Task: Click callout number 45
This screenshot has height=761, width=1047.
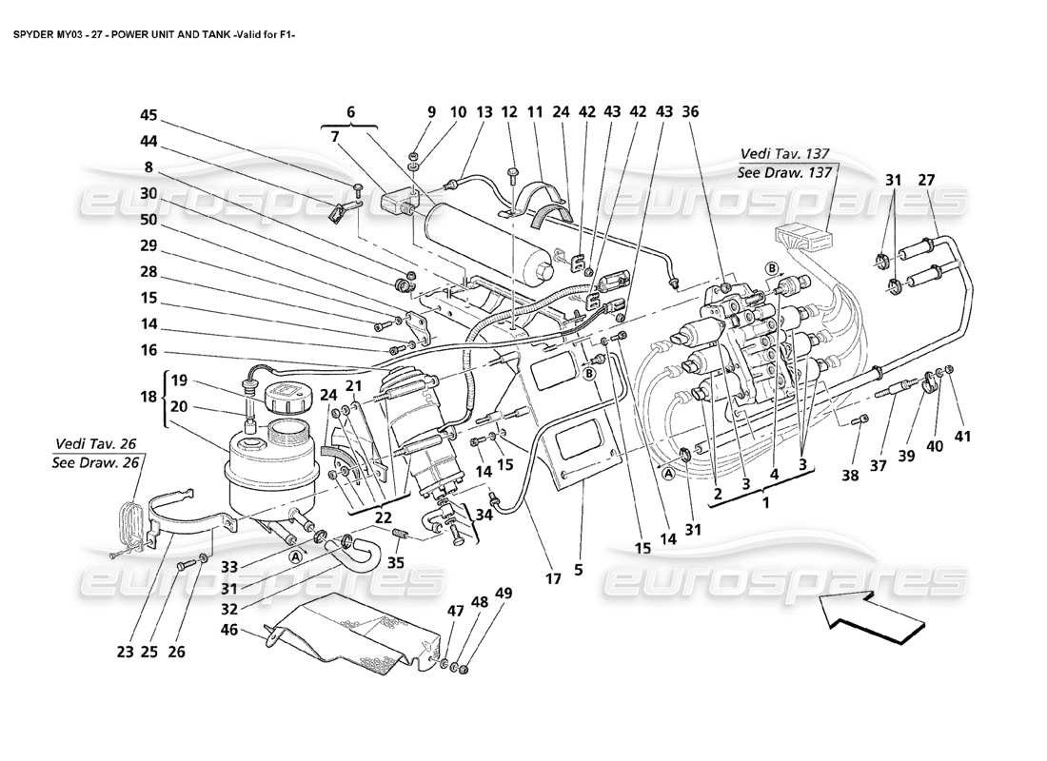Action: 148,116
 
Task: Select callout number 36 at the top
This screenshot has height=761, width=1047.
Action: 691,111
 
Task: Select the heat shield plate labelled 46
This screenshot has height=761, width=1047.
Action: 352,633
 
